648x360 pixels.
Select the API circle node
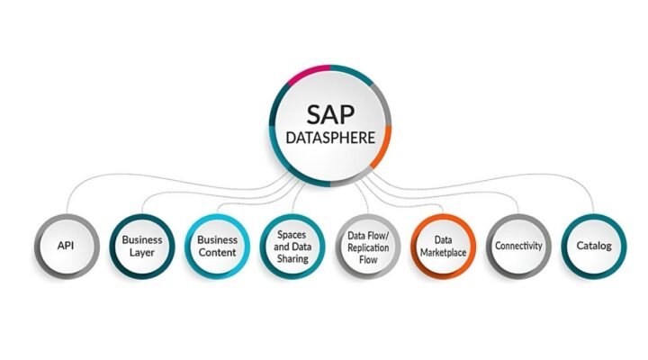[67, 246]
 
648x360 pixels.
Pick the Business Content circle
[216, 246]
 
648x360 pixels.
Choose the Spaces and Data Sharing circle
[291, 246]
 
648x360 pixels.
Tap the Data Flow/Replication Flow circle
[367, 246]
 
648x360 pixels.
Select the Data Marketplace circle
[443, 246]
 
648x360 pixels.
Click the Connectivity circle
[518, 246]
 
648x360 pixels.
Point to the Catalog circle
[593, 246]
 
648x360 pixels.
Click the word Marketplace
[443, 253]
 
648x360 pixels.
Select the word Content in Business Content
[216, 253]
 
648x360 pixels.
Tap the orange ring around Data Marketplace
[443, 216]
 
